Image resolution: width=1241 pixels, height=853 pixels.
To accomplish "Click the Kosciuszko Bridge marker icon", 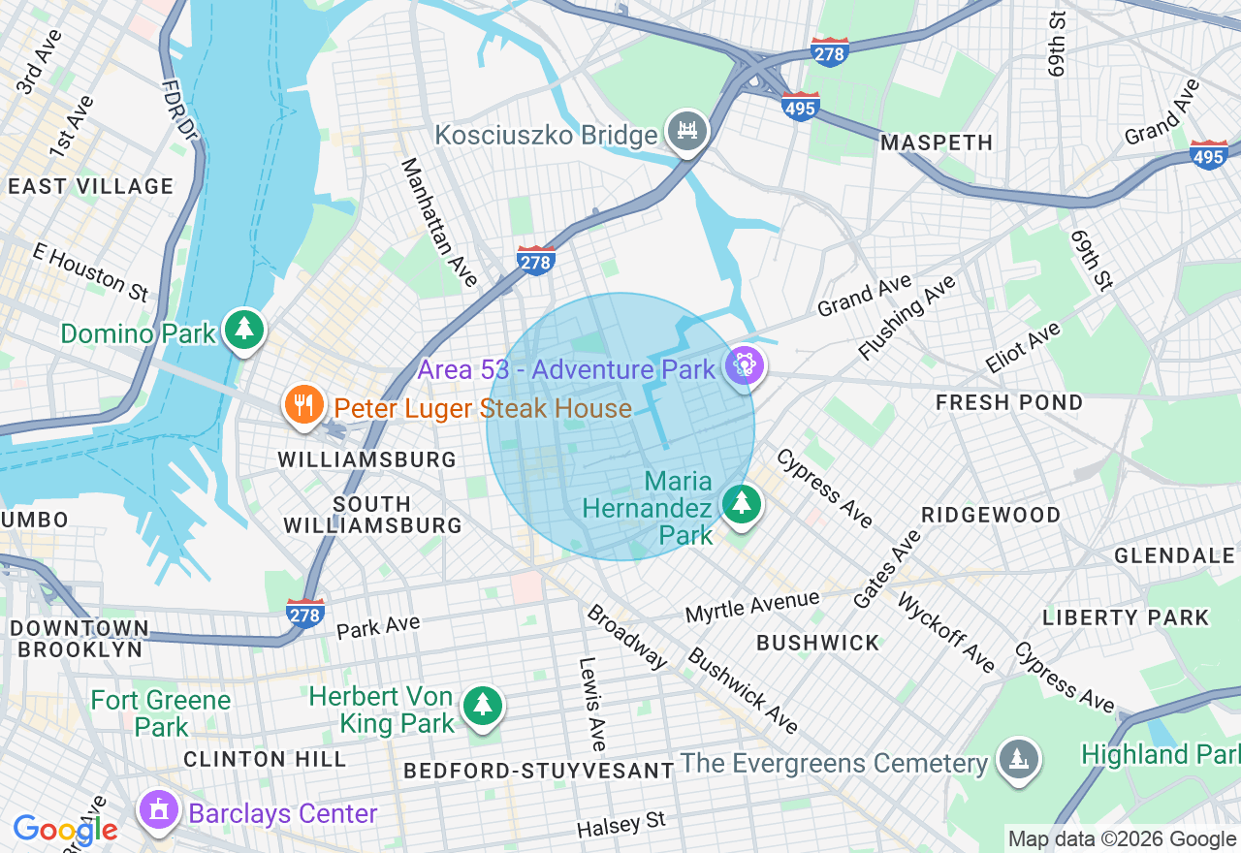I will pos(686,131).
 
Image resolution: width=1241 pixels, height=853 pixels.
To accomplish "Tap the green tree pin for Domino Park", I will pos(244,330).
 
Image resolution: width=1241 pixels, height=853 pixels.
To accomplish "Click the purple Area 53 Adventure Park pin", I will pos(744,366).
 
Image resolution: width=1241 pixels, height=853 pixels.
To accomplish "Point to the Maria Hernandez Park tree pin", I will pos(742,503).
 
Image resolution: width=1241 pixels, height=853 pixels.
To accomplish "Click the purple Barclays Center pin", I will pos(159,809).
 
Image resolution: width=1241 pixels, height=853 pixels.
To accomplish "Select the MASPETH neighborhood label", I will pos(937,142).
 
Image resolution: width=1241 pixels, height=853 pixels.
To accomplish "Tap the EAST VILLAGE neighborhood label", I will pos(90,186).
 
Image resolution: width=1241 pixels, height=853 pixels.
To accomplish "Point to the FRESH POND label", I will pos(1009,402).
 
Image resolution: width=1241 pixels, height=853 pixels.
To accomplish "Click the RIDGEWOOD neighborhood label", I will pos(991,515).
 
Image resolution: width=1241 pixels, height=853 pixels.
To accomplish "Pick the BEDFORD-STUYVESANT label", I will pos(538,771).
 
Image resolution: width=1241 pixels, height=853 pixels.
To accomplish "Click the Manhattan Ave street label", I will pos(439,222).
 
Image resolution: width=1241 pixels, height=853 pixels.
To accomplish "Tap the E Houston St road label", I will pos(89,271).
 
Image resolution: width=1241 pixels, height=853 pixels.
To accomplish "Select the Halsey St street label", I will pos(620,825).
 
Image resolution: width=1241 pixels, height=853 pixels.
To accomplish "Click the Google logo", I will pos(65,830).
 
